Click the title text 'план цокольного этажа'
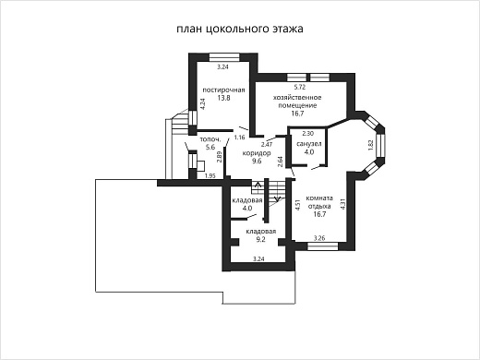239,29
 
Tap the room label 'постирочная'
223,90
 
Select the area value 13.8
223,98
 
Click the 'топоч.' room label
210,139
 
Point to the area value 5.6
210,148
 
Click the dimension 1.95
210,175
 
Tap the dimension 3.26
319,238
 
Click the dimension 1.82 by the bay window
370,144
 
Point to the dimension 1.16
239,137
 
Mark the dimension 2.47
267,144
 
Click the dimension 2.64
281,161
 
